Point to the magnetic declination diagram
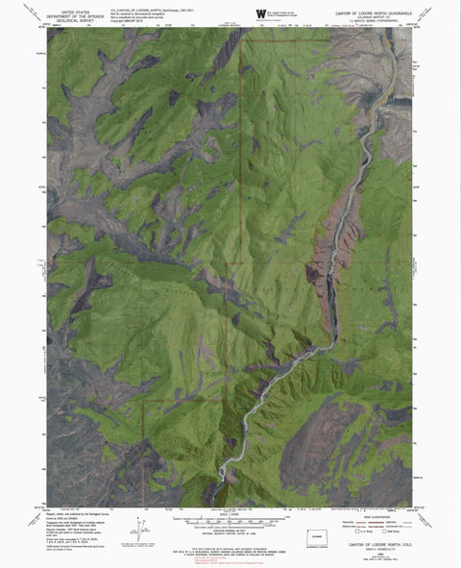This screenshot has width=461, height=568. tap(141, 525)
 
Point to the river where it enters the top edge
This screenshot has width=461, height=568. tap(378, 29)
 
